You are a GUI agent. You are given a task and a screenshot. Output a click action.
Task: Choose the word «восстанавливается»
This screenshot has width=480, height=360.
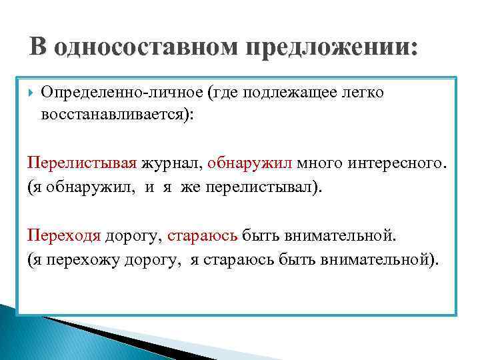(x=114, y=114)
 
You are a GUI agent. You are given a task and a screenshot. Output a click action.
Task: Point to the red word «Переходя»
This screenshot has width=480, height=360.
(x=64, y=235)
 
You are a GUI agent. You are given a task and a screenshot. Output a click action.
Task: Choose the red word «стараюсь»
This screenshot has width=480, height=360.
(x=202, y=235)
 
